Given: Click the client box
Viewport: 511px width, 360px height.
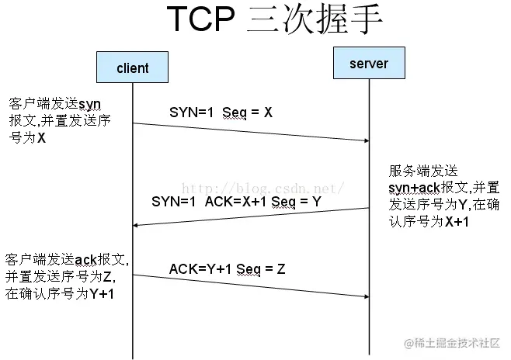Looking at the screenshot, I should click(132, 67).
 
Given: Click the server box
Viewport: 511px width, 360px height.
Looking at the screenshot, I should click(368, 63).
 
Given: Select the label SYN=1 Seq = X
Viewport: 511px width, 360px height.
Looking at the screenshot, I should click(221, 112).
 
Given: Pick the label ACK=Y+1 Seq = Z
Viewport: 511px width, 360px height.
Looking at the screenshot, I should click(227, 268).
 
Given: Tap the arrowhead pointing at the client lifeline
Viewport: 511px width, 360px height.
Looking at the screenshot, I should click(137, 225).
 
